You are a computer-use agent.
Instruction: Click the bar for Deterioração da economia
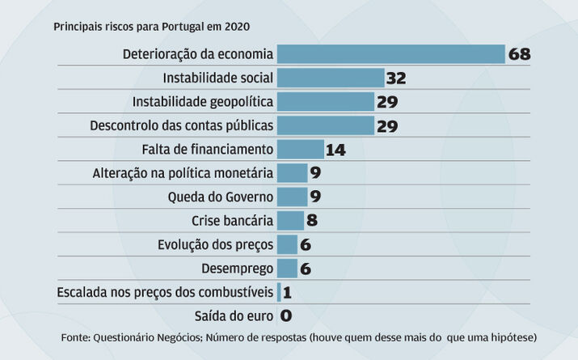point(390,54)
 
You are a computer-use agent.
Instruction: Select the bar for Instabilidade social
point(330,78)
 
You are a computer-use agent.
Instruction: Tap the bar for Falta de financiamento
point(300,149)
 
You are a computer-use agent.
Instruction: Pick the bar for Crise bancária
point(290,220)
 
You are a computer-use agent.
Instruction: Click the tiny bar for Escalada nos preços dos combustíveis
point(279,291)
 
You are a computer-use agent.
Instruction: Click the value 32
point(396,78)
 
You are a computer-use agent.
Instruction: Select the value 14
point(335,150)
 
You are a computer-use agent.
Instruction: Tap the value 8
point(312,221)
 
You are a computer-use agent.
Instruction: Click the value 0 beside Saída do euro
point(285,316)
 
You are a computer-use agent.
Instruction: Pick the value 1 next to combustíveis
point(287,292)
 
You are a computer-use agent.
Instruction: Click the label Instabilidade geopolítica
point(203,102)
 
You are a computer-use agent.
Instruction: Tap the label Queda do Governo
point(221,197)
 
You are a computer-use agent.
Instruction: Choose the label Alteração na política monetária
point(184,173)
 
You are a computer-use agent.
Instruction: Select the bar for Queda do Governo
point(292,197)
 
